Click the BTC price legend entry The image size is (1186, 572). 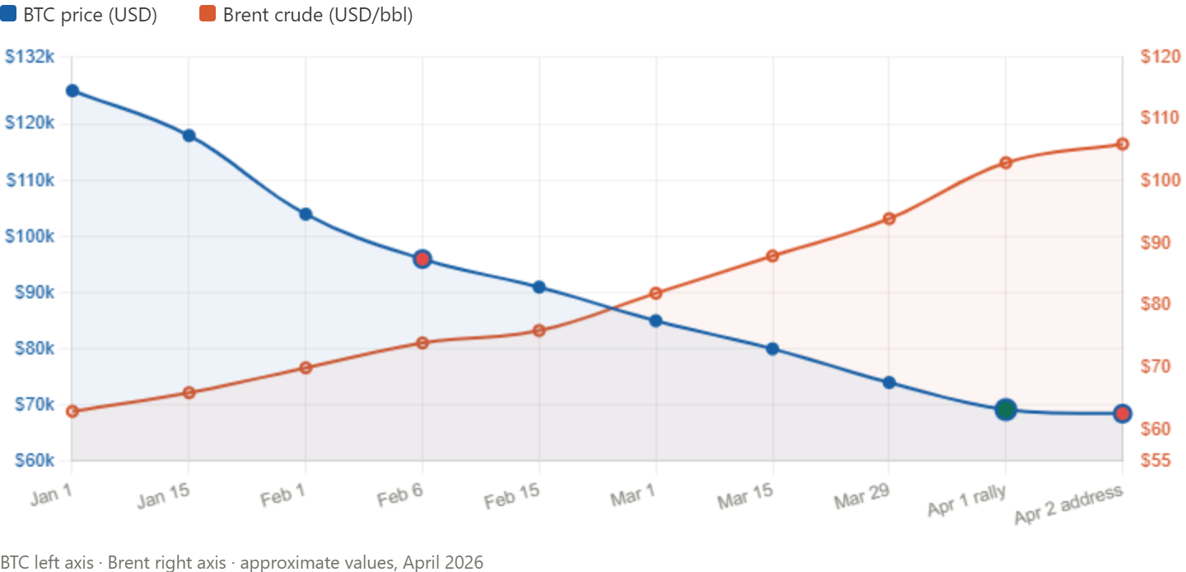(79, 14)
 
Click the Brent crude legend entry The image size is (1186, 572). (306, 14)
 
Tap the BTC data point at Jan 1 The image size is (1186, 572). (72, 91)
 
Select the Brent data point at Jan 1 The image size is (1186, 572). (72, 411)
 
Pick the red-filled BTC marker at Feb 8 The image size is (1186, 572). (423, 259)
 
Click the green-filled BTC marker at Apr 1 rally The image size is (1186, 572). (1005, 409)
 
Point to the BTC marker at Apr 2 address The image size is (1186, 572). (1122, 413)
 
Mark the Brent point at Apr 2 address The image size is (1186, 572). (1122, 144)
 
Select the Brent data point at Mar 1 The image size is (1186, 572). (656, 292)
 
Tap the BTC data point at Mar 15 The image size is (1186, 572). (773, 349)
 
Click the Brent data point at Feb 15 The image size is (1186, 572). (539, 331)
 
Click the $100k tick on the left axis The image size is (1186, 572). (30, 237)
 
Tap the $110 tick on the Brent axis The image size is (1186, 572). (1159, 118)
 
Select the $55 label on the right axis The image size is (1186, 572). (1157, 460)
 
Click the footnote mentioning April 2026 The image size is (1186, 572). (242, 562)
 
